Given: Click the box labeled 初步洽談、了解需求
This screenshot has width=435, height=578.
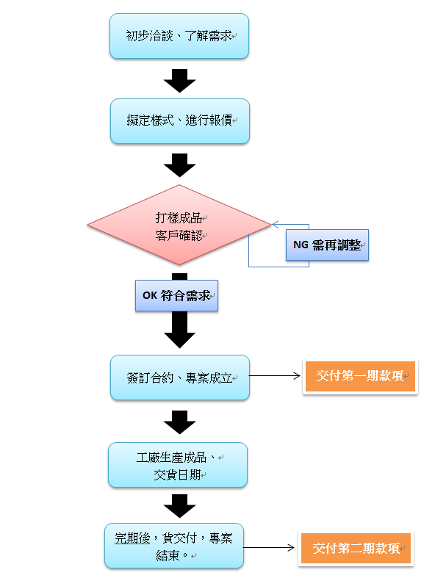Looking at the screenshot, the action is click(x=179, y=36).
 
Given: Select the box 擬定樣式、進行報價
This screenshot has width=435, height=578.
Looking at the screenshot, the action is click(x=180, y=121).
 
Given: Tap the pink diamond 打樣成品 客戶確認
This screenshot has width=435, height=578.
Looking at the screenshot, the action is click(x=179, y=225).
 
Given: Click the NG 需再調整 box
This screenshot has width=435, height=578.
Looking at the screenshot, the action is click(x=327, y=245).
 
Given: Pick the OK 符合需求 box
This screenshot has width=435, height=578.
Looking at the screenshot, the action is click(x=177, y=296).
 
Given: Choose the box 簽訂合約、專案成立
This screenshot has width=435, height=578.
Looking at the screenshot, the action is click(x=180, y=377).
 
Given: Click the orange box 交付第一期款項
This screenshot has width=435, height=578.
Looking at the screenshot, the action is click(x=360, y=376).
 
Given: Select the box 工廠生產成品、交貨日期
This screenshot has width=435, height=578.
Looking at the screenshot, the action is click(x=178, y=465).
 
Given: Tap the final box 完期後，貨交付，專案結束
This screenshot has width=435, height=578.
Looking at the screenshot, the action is click(x=174, y=546).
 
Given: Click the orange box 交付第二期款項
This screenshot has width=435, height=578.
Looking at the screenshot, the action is click(x=356, y=549).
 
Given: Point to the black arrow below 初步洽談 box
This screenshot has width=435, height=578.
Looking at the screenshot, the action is click(x=180, y=81).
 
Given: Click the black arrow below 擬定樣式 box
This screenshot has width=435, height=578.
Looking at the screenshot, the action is click(x=180, y=165).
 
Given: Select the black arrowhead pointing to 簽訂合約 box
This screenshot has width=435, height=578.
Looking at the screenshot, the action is click(x=180, y=340).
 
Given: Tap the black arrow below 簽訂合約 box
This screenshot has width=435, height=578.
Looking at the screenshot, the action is click(x=180, y=422).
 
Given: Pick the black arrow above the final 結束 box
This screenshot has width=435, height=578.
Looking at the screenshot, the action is click(x=180, y=506).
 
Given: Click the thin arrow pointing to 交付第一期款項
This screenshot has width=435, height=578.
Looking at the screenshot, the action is click(x=275, y=375).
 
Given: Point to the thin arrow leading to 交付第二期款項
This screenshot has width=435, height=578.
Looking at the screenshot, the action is click(x=269, y=548).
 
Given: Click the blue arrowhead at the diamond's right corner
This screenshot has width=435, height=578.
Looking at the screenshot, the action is click(x=276, y=224).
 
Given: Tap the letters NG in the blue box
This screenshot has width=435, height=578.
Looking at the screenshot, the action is click(x=301, y=245).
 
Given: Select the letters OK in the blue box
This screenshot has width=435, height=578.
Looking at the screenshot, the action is click(x=150, y=296).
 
